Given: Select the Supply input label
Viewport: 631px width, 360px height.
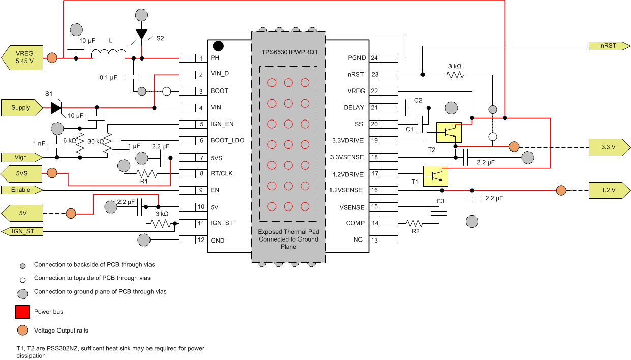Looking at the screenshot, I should click(x=22, y=108).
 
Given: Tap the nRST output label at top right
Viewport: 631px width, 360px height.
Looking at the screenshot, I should click(x=607, y=46).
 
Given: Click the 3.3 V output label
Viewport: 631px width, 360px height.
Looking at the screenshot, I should click(x=607, y=147).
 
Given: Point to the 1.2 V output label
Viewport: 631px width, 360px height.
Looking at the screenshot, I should click(x=607, y=191).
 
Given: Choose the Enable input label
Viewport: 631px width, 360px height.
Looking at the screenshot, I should click(x=22, y=190).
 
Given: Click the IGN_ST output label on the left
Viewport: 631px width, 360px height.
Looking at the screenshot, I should click(x=22, y=231).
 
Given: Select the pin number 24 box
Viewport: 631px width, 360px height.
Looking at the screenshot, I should click(x=375, y=58).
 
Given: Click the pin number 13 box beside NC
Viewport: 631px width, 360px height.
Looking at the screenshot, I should click(x=375, y=239).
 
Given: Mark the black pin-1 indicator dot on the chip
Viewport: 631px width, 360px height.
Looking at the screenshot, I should click(x=218, y=46).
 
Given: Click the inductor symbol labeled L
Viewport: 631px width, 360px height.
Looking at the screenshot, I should click(x=109, y=53).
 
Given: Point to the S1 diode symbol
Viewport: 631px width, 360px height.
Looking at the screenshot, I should click(x=56, y=108).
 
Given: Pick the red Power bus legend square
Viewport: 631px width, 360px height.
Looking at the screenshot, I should click(x=22, y=311).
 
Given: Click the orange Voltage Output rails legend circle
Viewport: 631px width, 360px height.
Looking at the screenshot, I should click(x=22, y=330).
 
